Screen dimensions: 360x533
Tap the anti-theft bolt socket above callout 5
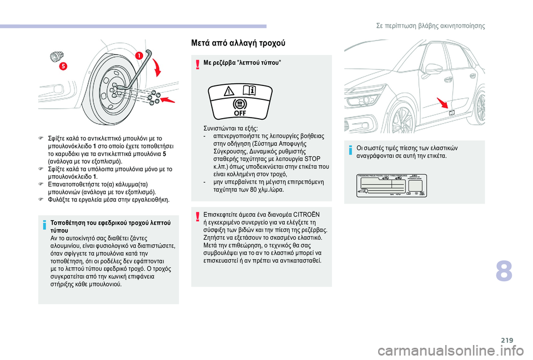(56, 56)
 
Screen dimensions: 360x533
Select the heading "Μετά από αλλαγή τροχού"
(239, 43)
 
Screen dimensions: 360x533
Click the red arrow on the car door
(443, 103)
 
